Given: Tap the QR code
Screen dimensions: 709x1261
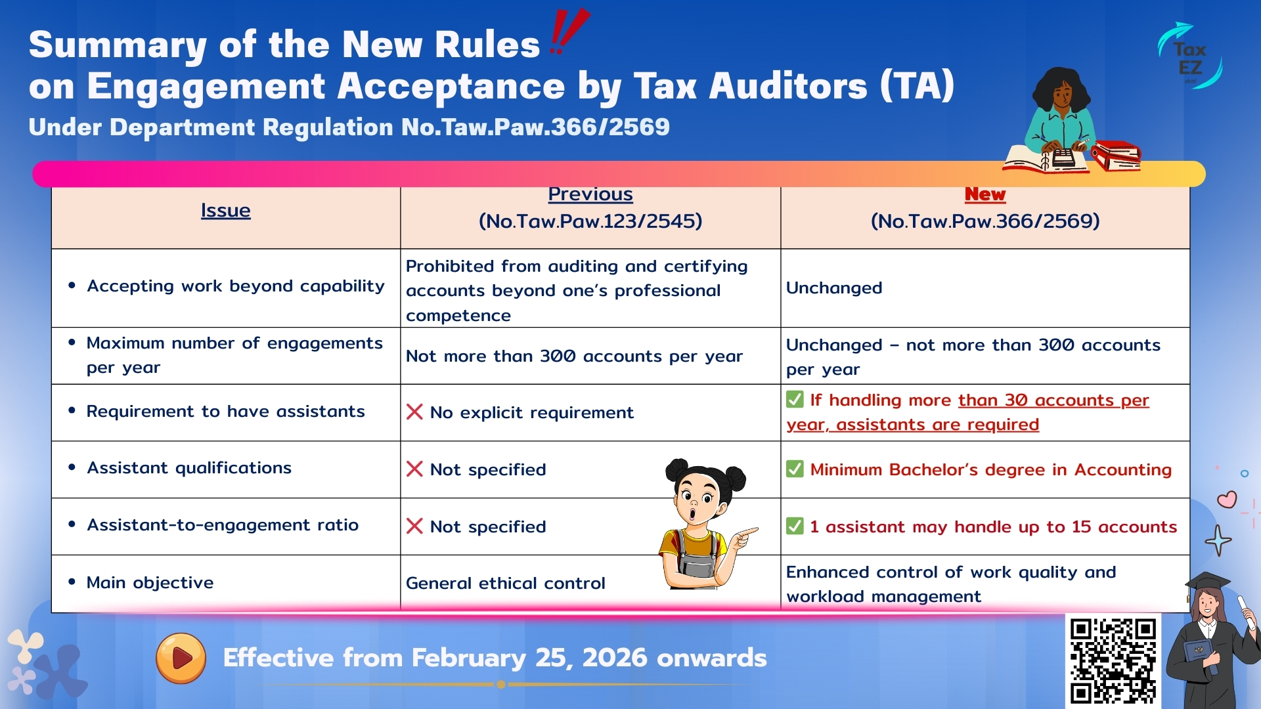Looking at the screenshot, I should pos(1113,660).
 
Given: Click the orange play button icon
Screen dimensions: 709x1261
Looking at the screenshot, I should pos(181,658).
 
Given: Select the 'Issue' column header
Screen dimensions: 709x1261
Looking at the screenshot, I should pos(225,211).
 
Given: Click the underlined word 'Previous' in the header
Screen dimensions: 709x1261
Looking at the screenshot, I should pos(590,194).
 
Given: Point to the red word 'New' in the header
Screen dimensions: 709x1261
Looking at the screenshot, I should pos(984,194).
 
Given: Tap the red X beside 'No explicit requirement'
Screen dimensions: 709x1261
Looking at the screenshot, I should pos(414,412).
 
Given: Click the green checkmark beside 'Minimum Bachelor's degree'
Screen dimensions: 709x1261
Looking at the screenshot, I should pos(795,469).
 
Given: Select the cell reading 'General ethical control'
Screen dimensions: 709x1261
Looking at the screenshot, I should pos(505,583).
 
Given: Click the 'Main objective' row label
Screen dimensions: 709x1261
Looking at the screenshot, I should pos(150,583).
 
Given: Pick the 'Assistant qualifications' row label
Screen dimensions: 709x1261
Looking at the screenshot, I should pos(189,468).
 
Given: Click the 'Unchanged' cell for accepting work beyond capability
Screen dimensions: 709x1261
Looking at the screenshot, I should pos(834,288).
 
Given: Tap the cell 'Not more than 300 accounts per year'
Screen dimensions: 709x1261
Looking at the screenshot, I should pos(574,356).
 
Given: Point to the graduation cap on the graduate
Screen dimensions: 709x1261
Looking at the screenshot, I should pos(1207,582).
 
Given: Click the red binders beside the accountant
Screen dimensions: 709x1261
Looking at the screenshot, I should pos(1117,155).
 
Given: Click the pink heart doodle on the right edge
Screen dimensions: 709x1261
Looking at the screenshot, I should pos(1226,500).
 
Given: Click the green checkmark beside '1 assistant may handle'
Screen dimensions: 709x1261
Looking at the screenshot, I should pos(795,526).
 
